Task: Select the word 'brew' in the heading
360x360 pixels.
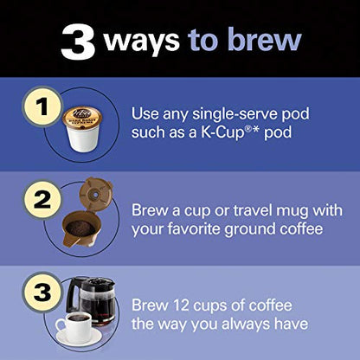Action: [264, 40]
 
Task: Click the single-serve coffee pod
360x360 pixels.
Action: [84, 130]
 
